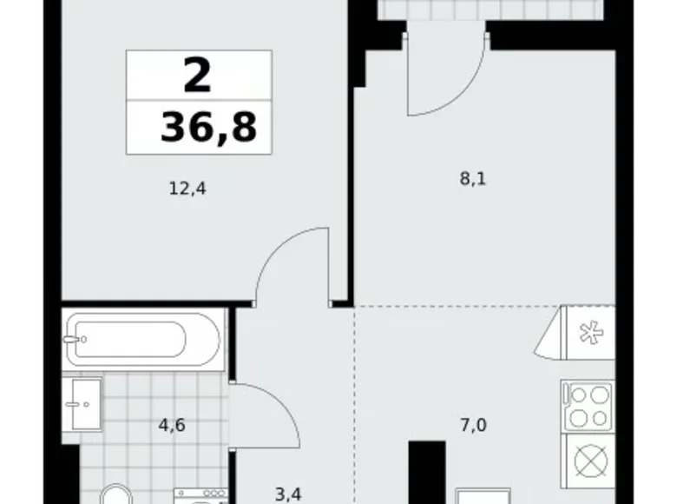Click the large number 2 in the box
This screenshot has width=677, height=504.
point(198,76)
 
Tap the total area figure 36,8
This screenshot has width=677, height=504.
point(209,127)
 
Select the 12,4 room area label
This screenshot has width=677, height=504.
point(187,189)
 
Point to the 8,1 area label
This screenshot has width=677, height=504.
point(473,178)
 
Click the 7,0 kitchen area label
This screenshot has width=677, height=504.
point(473,426)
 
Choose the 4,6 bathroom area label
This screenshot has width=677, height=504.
point(172,425)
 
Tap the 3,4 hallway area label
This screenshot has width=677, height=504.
point(288,494)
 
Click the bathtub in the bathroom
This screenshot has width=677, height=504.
point(143,340)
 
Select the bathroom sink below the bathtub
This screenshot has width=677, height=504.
point(82,405)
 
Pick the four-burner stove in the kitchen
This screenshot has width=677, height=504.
point(588,406)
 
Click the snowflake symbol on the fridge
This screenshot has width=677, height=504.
point(590,333)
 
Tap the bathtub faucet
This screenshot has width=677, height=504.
point(75,339)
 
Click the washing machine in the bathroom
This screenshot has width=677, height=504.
point(200,496)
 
